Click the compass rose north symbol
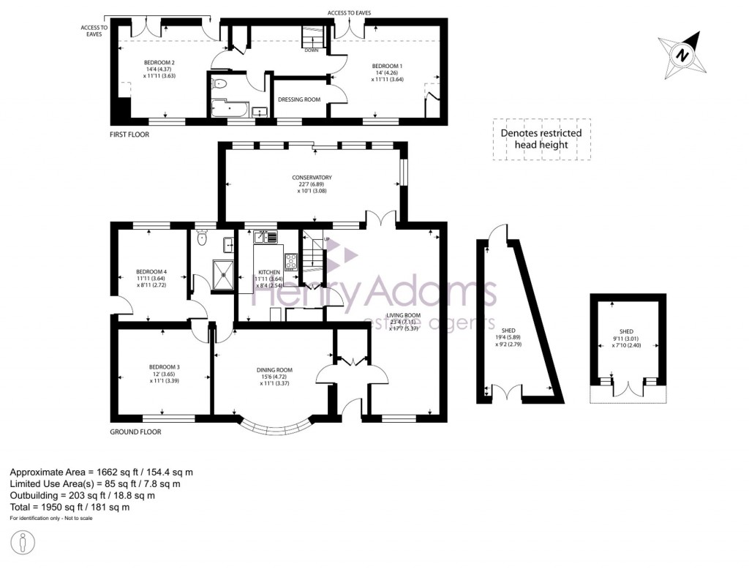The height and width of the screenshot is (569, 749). point(682,55)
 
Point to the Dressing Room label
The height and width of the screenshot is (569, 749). point(299,99)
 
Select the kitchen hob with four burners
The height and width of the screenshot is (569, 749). point(290,263)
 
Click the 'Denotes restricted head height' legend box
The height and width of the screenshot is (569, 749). point(541,139)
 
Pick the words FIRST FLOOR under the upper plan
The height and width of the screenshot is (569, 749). point(129,135)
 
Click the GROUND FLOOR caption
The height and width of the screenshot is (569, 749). point(135,432)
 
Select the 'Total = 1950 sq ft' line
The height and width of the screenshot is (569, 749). point(70,507)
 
